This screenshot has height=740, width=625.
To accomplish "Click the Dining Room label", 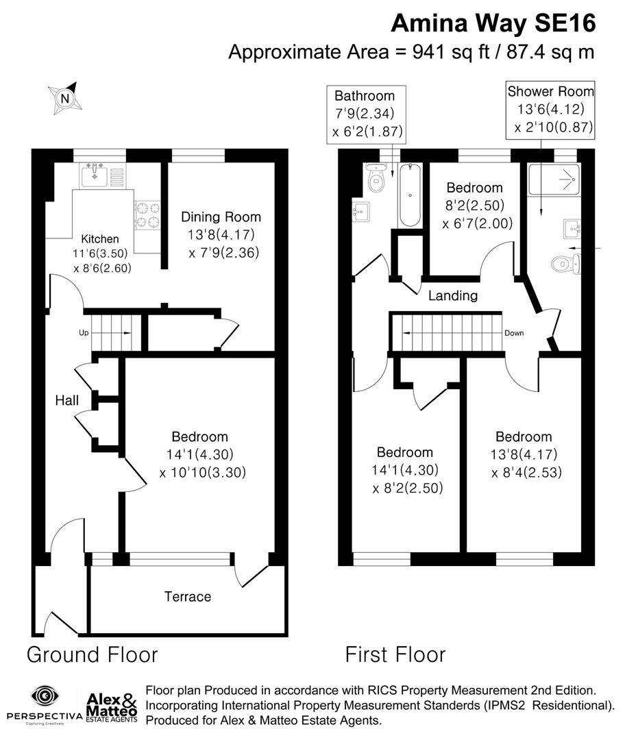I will (x=221, y=217).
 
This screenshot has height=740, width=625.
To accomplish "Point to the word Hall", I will (x=67, y=400).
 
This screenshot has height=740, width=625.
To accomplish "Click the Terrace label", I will (x=187, y=597).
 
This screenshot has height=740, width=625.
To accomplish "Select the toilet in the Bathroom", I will (x=376, y=179).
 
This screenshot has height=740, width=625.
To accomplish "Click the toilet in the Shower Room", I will (x=566, y=263).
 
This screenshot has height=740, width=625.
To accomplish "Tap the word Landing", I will (x=452, y=296).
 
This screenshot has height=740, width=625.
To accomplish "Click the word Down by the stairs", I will (x=514, y=334).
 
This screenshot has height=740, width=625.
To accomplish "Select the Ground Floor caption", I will (x=92, y=654).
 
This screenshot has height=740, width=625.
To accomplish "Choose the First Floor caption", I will (x=395, y=654).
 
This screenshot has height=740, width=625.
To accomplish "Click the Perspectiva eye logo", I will (x=44, y=697).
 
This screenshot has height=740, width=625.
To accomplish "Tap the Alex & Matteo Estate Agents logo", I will (x=112, y=706).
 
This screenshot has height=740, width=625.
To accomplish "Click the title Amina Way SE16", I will (x=493, y=23).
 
